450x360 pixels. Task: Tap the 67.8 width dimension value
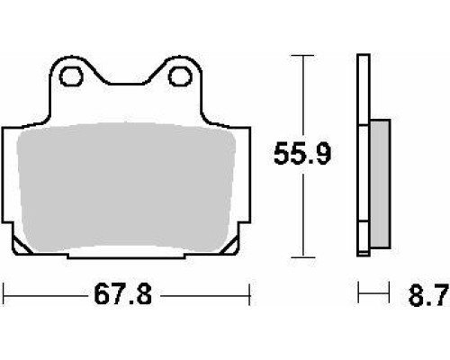point(123,295)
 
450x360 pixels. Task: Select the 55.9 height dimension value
point(302,155)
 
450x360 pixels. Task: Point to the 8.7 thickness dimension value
point(429,295)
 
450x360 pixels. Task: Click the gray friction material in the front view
point(126,186)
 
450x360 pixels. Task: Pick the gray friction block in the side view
point(381,184)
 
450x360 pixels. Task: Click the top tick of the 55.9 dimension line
point(302,56)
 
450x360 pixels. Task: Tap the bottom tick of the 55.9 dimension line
point(303,257)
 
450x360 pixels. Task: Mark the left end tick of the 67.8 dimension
point(3,294)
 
